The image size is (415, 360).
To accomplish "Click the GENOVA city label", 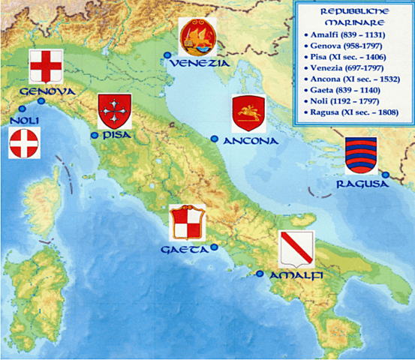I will [x=44, y=91].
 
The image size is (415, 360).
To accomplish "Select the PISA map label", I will [x=116, y=135].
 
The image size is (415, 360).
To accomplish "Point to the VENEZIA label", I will [x=199, y=63].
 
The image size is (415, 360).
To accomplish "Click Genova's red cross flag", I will [x=45, y=67].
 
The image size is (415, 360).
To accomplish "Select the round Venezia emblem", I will [x=198, y=36].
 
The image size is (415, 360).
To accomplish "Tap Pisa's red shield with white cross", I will [x=115, y=112].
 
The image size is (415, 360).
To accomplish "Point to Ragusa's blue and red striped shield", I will [x=361, y=155].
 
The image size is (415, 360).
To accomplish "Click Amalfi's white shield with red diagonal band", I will [x=295, y=249].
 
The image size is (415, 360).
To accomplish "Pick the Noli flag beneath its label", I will [x=24, y=142].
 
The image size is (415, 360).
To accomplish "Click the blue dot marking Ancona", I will [x=215, y=139].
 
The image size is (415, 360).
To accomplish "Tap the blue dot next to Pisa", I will [x=95, y=136].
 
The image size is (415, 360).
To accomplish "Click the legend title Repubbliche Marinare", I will [x=353, y=18].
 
